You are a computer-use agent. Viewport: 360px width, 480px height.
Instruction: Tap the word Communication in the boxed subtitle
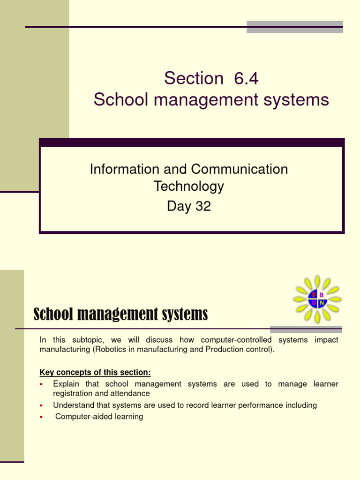coord(244,169)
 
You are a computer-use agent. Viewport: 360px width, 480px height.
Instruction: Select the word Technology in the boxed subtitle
coord(189,187)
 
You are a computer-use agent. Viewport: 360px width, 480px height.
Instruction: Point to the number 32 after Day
coord(203,206)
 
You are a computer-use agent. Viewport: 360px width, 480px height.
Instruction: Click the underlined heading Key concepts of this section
coord(95,373)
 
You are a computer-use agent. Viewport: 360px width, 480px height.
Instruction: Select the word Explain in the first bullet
coord(66,384)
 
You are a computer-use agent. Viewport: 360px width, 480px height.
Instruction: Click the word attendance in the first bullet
coord(130,394)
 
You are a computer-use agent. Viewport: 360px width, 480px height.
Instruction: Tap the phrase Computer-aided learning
coord(99,416)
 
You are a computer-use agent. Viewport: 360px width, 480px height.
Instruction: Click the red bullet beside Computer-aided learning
coord(41,416)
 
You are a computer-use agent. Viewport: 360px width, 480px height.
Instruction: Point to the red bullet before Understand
coord(41,405)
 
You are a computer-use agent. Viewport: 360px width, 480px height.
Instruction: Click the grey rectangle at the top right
coord(294,27)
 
